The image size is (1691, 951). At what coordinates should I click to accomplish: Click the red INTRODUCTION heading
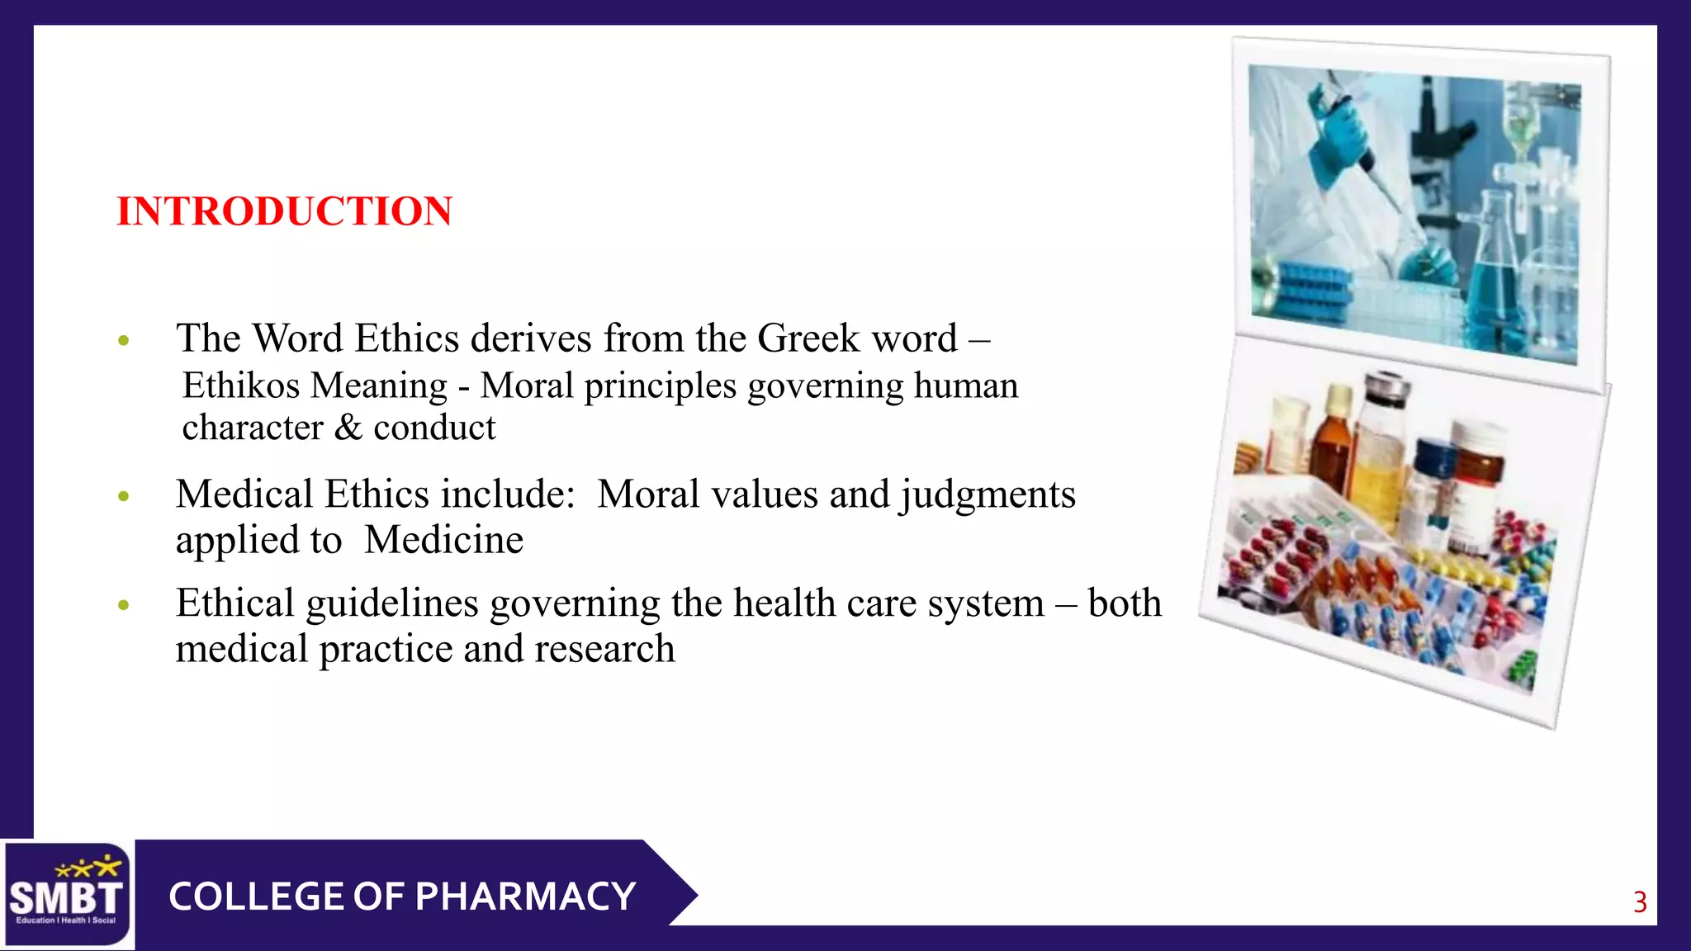point(284,211)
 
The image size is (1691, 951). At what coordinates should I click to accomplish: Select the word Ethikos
point(241,386)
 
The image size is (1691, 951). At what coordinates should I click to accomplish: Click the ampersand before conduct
point(348,428)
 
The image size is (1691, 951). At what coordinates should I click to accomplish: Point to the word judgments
point(988,494)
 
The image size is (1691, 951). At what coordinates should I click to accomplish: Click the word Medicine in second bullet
point(444,540)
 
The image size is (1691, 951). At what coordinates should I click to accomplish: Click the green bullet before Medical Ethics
point(124,496)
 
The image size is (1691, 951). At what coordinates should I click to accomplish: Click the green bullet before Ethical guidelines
point(124,605)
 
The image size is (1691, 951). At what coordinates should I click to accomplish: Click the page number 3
point(1640,902)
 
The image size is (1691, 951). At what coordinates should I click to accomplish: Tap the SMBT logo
point(66,895)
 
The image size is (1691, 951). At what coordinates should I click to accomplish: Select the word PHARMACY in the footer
point(525,897)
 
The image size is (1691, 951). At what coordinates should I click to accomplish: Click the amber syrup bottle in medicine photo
point(1331,446)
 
